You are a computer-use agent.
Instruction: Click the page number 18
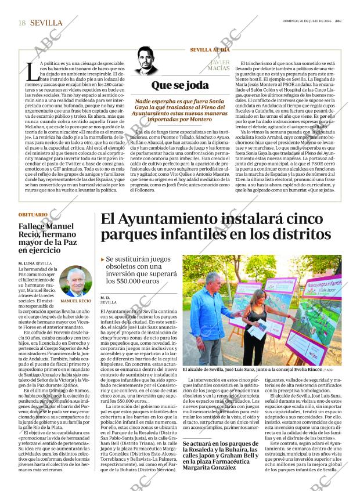[21, 23]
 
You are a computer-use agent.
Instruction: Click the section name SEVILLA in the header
[46, 23]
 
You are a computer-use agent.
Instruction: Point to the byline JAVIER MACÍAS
[219, 67]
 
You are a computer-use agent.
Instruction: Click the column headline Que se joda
[179, 85]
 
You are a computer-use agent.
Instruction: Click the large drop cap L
[33, 72]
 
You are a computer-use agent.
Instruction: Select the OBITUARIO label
[33, 215]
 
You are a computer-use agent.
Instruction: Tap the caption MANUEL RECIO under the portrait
[75, 302]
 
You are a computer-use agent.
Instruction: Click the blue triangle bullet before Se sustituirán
[102, 259]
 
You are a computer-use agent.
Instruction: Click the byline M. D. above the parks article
[105, 297]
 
